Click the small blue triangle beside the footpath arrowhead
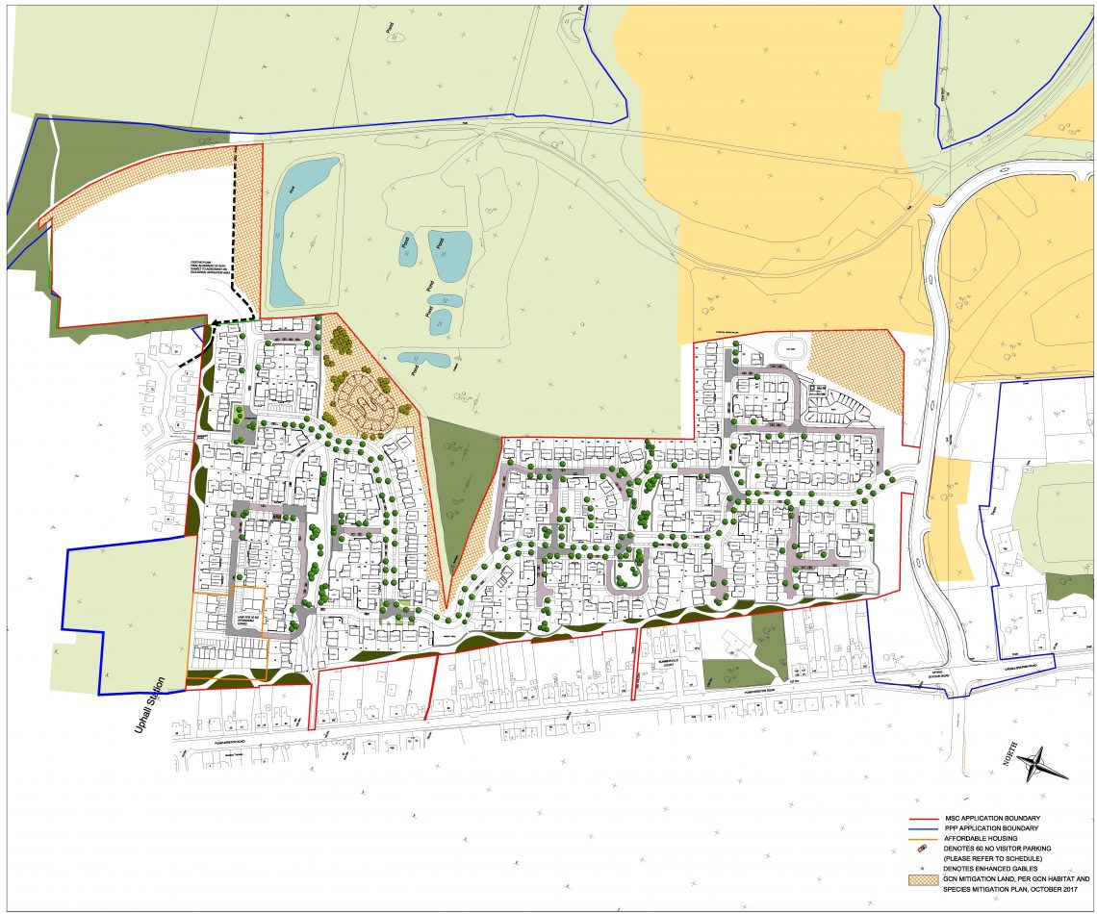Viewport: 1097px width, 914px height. tap(196, 333)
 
